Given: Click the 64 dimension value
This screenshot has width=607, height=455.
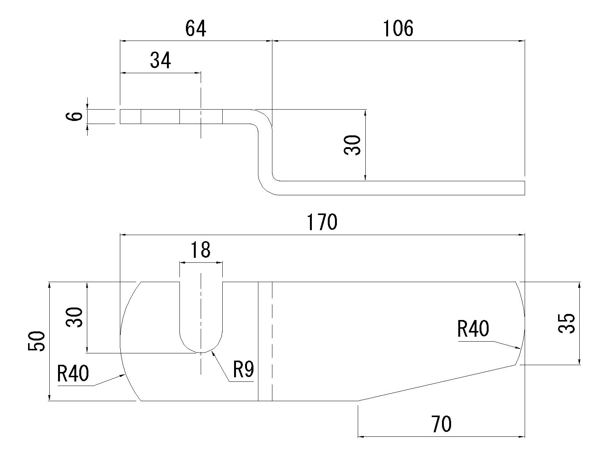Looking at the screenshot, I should pyautogui.click(x=196, y=29).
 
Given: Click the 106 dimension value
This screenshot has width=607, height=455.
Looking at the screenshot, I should pyautogui.click(x=398, y=29).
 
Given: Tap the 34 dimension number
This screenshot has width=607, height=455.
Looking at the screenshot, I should pyautogui.click(x=160, y=60).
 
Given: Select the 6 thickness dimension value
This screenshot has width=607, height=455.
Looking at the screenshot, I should pyautogui.click(x=77, y=116).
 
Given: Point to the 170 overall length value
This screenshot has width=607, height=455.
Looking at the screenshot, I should pyautogui.click(x=322, y=223).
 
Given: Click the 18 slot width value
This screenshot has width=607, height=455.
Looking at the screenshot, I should pyautogui.click(x=200, y=250).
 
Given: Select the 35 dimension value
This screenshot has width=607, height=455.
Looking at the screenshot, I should pyautogui.click(x=567, y=323).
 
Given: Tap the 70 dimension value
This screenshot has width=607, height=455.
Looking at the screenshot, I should pyautogui.click(x=441, y=424).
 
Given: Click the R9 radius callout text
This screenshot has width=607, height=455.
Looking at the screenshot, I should pyautogui.click(x=243, y=370).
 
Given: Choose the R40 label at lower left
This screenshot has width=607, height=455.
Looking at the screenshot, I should pyautogui.click(x=73, y=373).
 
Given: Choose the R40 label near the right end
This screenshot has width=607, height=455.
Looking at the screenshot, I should pyautogui.click(x=473, y=329).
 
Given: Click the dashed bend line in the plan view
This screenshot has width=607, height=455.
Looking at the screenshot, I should pyautogui.click(x=272, y=341).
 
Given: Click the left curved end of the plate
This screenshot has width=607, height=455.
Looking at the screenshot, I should pyautogui.click(x=121, y=341).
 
